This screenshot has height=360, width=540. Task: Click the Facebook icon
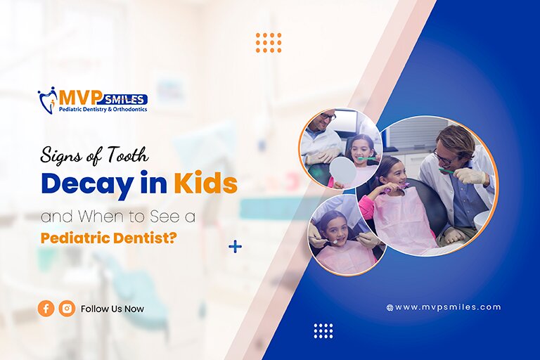[x=46, y=308]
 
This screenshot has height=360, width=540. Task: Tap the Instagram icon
[x=67, y=308]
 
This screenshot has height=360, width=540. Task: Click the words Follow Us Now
[x=112, y=309]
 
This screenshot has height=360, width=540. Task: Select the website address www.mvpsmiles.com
[x=447, y=307]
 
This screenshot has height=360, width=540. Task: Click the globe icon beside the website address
[x=390, y=308]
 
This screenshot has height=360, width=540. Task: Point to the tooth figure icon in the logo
[x=47, y=100]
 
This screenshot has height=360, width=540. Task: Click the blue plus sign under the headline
[x=235, y=247]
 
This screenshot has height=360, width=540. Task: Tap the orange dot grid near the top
[x=269, y=42]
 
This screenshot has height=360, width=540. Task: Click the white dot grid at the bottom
[x=323, y=330]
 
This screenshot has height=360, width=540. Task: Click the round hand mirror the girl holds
[x=342, y=171]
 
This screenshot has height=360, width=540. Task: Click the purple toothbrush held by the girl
[x=397, y=188]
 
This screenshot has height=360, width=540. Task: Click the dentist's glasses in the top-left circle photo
[x=328, y=117]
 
